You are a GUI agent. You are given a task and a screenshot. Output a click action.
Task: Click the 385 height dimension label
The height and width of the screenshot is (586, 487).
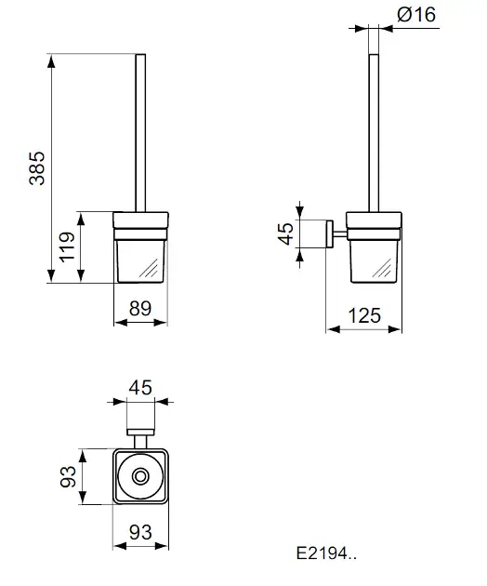37,168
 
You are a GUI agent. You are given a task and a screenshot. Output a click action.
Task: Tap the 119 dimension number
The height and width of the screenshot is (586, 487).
67,246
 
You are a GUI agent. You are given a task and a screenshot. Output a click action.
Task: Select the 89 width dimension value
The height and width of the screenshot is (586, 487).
140,308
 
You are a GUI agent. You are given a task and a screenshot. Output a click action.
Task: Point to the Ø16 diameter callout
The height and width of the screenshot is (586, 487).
416,15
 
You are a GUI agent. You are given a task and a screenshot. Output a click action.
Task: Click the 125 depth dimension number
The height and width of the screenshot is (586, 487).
364,316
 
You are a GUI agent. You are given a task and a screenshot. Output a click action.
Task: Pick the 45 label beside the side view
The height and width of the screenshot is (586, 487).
286,233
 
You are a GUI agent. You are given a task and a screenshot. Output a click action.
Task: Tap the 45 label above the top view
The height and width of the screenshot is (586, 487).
140,388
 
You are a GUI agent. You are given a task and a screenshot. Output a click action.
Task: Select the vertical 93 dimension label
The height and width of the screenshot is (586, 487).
68,476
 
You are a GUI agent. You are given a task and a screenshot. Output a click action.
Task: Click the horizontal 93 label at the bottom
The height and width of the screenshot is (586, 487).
140,532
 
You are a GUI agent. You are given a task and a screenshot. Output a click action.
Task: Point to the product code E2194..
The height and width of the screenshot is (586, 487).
326,553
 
